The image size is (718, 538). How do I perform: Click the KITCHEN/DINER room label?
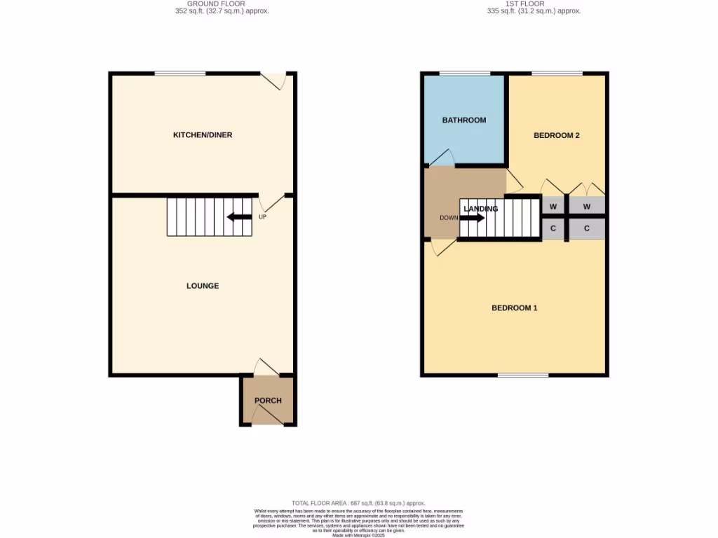203,134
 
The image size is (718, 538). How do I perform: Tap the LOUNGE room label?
203,286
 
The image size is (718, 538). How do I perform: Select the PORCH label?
268,401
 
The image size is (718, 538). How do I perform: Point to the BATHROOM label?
463,120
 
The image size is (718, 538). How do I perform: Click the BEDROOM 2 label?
557,135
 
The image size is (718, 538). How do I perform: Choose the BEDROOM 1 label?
514,308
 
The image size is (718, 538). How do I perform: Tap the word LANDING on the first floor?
481,209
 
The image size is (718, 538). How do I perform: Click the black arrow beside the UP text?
239,217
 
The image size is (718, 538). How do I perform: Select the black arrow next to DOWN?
472,218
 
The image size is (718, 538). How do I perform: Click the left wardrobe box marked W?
553,207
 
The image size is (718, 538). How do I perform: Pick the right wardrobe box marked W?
586,207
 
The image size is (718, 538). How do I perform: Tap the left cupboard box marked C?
553,228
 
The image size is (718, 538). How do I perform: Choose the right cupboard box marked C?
586,228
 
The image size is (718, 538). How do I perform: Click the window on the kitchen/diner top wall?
180,73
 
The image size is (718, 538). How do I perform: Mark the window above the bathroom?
465,73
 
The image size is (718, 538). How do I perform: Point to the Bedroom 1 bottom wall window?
523,375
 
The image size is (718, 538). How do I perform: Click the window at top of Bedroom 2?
557,73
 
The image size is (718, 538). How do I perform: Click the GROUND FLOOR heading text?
222,4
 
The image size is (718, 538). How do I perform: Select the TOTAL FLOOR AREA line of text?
358,504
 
